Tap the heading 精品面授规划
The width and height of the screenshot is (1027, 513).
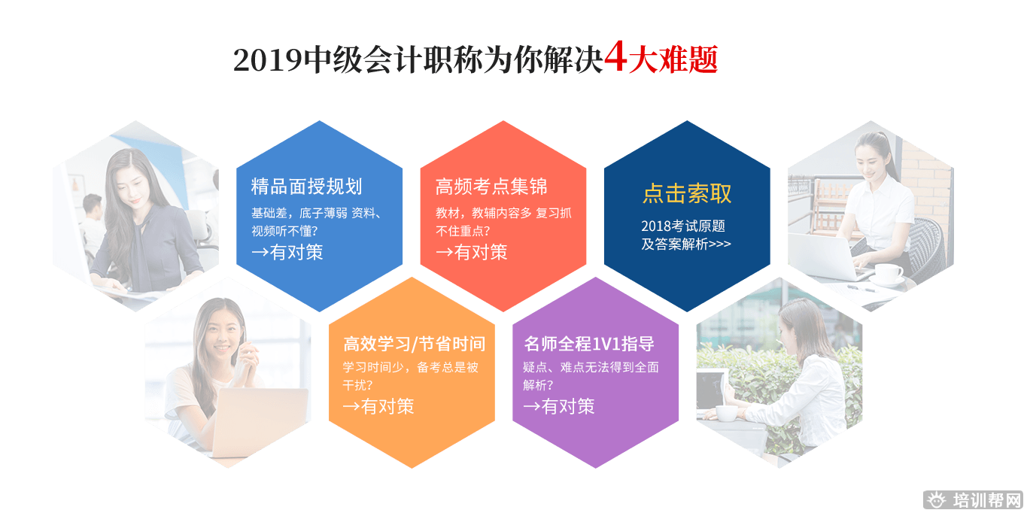point(306,187)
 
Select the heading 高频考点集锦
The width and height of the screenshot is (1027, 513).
point(491,187)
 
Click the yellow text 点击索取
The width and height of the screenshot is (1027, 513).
point(687,193)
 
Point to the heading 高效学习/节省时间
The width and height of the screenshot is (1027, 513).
point(414,345)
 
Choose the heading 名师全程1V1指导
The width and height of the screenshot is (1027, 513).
point(589,345)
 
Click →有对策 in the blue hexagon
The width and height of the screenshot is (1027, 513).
point(287,253)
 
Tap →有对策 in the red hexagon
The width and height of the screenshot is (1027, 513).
point(471,253)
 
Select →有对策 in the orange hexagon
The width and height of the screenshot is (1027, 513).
point(378,407)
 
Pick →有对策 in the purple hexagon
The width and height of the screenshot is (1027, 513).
point(558,407)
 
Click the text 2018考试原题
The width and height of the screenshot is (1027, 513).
point(682,226)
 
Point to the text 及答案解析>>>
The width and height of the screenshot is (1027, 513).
point(685,244)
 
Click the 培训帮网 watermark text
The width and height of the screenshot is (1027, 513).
point(986,501)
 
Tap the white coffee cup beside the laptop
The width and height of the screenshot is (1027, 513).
point(888,273)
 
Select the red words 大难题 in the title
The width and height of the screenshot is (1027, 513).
point(673,60)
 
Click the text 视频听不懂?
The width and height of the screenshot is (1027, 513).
point(284,231)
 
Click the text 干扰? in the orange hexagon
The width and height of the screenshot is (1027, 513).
point(358,385)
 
